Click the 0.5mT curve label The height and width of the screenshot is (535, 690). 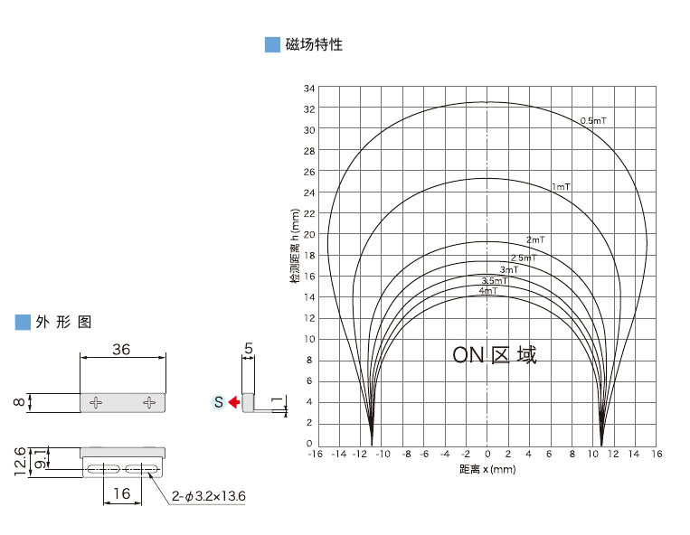click(592, 120)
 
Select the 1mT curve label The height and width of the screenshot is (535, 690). click(561, 186)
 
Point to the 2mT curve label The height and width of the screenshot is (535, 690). click(535, 239)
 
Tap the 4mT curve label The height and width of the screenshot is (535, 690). click(488, 290)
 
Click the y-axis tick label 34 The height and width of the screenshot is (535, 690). click(309, 89)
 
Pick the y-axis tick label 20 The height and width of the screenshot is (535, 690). click(309, 234)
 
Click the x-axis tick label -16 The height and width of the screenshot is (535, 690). click(316, 455)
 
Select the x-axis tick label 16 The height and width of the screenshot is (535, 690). click(657, 455)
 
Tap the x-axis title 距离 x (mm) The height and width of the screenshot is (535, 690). click(487, 469)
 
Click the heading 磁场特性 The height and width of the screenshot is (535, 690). click(314, 44)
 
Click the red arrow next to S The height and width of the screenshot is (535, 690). click(232, 401)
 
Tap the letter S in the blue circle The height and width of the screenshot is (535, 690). click(218, 401)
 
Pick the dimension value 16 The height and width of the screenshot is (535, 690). click(122, 493)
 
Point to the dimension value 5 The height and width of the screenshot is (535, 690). click(249, 347)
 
